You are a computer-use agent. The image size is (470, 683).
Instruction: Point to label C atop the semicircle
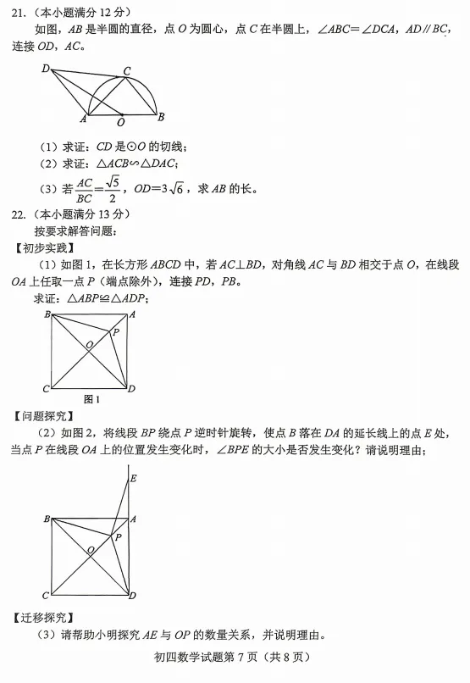pos(126,71)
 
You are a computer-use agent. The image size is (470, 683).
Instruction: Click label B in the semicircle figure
pos(161,117)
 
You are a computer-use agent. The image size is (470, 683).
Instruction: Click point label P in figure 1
pos(116,332)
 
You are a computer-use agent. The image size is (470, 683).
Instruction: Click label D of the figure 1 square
pos(131,389)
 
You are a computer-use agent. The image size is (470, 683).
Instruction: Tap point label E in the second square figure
pos(132,479)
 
